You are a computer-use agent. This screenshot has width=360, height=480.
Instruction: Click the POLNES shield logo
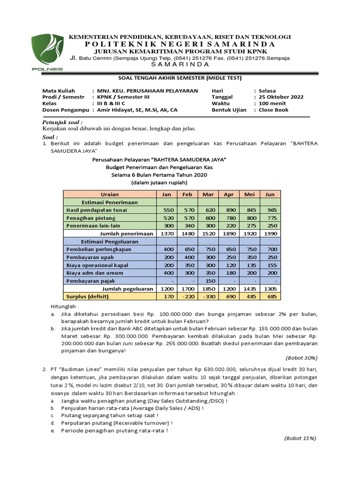pyautogui.click(x=47, y=51)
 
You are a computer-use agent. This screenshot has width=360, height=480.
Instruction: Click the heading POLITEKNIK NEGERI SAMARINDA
pyautogui.click(x=180, y=44)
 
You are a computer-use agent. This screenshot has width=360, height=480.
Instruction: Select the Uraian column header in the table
pyautogui.click(x=110, y=194)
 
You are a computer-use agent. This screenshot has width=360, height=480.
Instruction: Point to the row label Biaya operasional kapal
pyautogui.click(x=97, y=265)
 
